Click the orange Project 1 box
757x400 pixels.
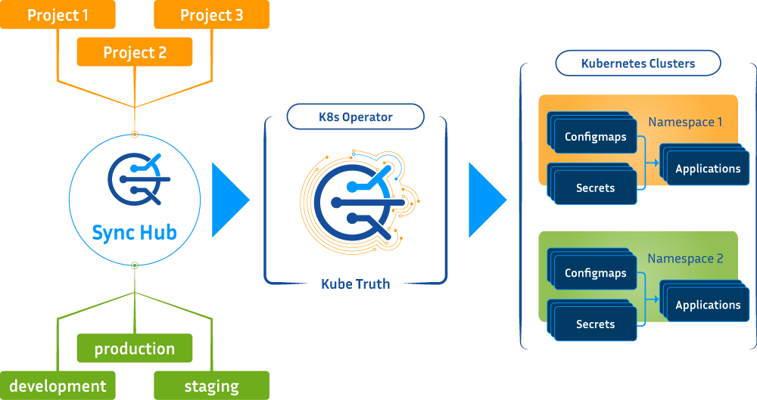(58, 15)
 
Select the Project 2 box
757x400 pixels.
(135, 53)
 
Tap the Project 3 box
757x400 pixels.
(211, 15)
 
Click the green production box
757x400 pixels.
(135, 349)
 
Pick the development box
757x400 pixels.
(58, 386)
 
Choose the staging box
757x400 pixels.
(211, 386)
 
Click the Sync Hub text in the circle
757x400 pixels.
(135, 231)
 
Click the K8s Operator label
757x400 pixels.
(355, 117)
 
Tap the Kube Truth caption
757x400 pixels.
(355, 284)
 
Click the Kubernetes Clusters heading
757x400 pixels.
(637, 64)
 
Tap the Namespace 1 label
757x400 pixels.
(685, 122)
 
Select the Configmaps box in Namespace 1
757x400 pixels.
(596, 138)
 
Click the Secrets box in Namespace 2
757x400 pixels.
(596, 324)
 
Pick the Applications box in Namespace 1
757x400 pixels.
(708, 169)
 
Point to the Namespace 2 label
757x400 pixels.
(685, 259)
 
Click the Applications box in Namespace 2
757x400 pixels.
(708, 305)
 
